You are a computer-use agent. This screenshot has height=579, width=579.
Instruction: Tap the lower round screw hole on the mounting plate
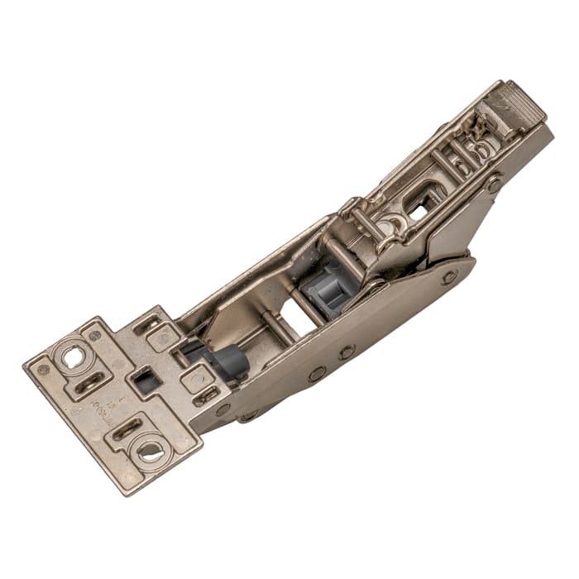150,452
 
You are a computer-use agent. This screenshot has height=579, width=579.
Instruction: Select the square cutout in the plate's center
146,381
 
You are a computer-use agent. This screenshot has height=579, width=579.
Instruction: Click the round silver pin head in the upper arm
390,222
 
